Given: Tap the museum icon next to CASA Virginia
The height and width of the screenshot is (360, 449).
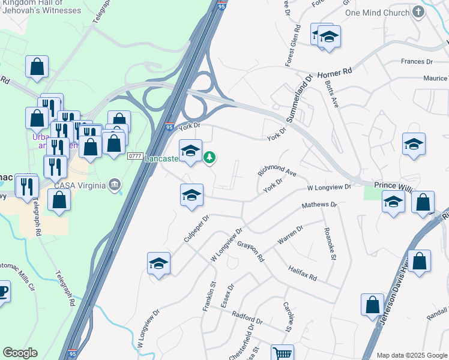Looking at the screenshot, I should tap(113, 184).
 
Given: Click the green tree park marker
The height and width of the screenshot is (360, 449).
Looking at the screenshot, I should tap(209, 158).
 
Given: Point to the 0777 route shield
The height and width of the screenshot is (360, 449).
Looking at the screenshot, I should tap(134, 156).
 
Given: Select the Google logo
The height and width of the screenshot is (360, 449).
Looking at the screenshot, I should tap(20, 353).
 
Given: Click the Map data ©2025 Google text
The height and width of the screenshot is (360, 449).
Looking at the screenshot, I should tap(412, 355).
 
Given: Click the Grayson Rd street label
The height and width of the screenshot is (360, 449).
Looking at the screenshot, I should tap(251, 251).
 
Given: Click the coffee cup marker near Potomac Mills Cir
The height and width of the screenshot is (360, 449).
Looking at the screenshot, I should tap(2, 293).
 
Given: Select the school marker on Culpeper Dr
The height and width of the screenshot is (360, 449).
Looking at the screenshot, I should tap(158, 263).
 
